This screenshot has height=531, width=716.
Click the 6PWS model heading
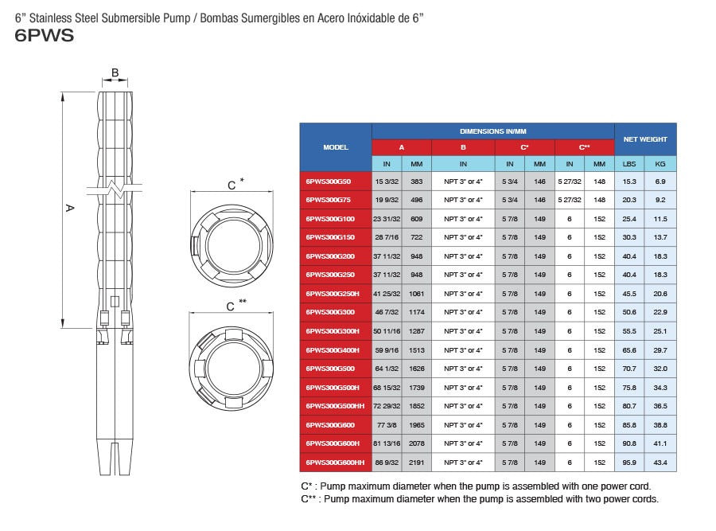coord(45,36)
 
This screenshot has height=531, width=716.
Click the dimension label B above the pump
coord(115,73)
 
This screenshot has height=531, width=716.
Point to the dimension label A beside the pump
coord(69,208)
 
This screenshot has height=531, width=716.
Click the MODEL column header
coord(336,147)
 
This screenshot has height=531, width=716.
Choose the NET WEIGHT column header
coord(645,139)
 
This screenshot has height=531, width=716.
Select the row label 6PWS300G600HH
coord(336,463)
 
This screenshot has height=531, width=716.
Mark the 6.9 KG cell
coord(660,182)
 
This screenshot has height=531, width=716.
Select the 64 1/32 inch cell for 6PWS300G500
coord(387,369)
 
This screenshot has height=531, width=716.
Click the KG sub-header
coord(660,164)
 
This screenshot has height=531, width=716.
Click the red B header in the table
coord(463,147)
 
